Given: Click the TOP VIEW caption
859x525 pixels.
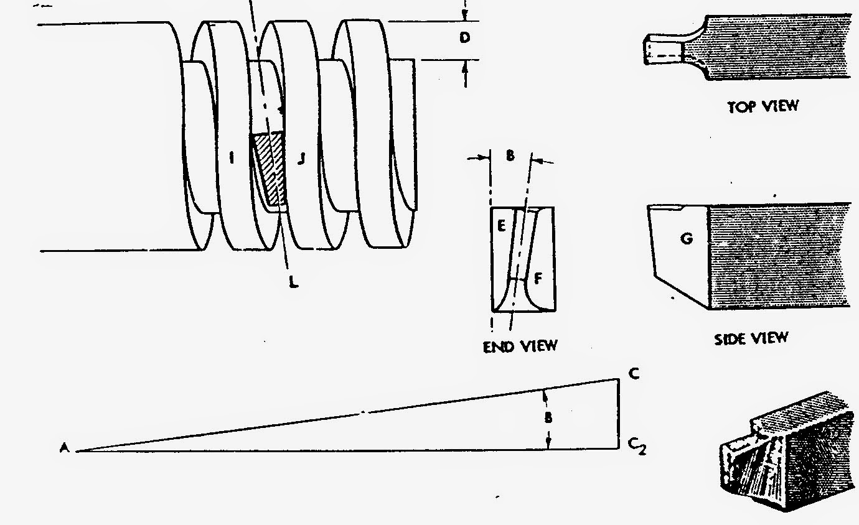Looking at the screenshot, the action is [x=763, y=106].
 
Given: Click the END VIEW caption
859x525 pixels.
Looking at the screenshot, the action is [x=520, y=345].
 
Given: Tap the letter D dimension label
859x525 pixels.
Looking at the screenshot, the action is [x=464, y=38].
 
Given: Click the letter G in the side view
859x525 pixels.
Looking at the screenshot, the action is [x=687, y=238].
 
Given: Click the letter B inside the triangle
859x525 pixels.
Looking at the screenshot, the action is [x=548, y=419].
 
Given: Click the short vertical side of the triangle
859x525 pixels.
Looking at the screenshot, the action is [x=619, y=413].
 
